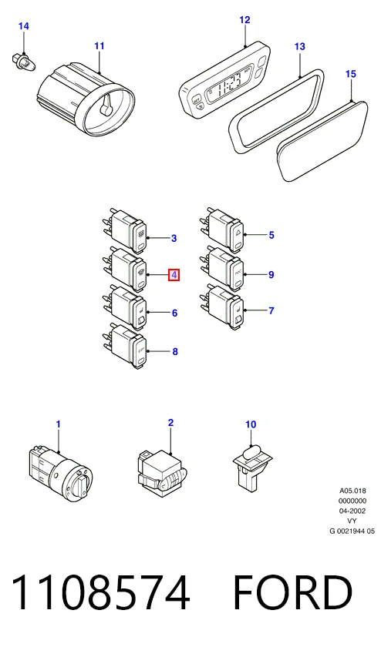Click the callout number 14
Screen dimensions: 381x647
pos(24,26)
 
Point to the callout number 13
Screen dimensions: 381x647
pos(299,46)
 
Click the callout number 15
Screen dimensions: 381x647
pos(350,74)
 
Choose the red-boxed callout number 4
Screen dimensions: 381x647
pos(174,275)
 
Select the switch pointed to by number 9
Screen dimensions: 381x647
pos(224,269)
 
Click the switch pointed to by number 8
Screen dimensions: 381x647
pos(125,346)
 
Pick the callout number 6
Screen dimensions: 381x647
pos(174,313)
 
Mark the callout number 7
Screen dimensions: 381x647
pos(271,310)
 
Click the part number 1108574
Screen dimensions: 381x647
pos(100,592)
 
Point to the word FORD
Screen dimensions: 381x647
pos(293,592)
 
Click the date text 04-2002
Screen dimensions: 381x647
pos(352,511)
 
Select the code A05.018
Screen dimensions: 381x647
pos(352,491)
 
